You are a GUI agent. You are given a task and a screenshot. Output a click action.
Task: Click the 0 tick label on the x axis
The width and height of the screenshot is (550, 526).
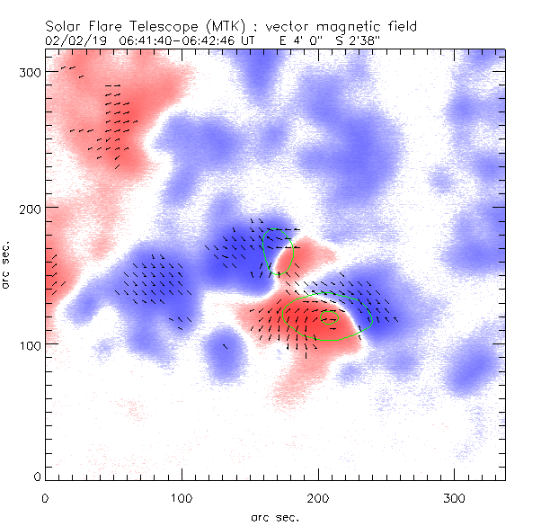coord(45,497)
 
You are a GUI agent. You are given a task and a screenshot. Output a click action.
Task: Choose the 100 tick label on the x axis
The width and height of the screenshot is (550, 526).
coord(182,497)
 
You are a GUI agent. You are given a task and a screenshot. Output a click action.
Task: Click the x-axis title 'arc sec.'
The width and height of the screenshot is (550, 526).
coord(274,517)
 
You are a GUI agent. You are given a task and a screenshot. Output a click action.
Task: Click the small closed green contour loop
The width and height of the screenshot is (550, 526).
coord(330,316)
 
